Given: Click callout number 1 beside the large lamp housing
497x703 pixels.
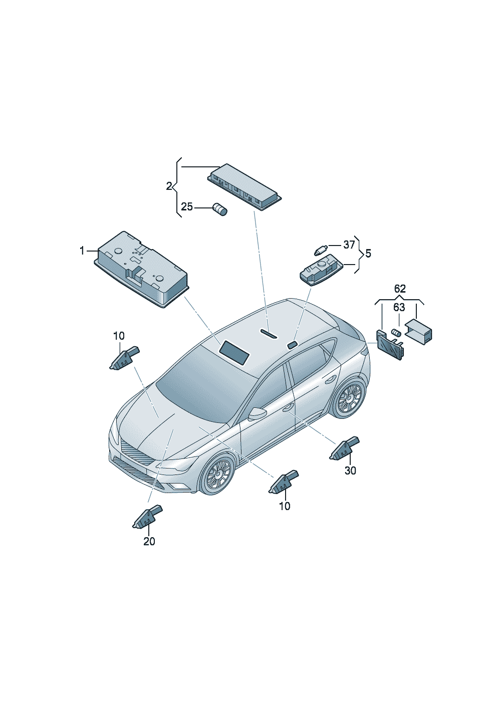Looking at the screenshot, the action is (82, 251).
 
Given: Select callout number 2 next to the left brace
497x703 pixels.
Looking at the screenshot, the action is (169, 186).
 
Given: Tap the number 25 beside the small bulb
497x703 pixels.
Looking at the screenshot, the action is (187, 207).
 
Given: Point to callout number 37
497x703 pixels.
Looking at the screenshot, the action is (349, 245).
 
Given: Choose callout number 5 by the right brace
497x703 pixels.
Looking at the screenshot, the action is (368, 253).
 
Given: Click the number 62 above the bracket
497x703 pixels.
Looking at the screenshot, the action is (400, 289).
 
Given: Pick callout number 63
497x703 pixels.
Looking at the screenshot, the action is (399, 307).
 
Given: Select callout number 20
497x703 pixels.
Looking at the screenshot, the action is (149, 541).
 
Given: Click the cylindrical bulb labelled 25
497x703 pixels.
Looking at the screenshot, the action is (220, 209).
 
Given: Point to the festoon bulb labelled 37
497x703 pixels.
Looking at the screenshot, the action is (321, 250).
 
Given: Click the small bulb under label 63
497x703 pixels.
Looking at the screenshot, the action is (396, 332).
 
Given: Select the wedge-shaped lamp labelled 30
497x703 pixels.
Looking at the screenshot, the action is (344, 448).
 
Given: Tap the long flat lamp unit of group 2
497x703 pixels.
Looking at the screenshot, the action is (244, 186).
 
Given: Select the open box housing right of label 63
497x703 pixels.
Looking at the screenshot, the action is (418, 332).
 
